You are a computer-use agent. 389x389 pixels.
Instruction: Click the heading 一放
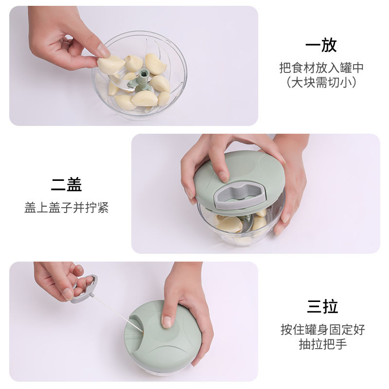(321, 45)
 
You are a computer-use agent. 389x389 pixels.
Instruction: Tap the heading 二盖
(67, 184)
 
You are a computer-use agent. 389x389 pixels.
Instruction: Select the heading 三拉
(322, 306)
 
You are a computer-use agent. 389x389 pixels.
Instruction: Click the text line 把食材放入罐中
(321, 68)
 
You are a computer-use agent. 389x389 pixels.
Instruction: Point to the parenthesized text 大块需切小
(321, 82)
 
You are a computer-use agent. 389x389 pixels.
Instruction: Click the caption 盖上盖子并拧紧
(67, 208)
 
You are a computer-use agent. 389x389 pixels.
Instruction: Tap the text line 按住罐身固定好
(323, 330)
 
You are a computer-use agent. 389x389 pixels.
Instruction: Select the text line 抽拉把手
(323, 344)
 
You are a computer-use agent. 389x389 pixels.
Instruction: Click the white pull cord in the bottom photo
(116, 313)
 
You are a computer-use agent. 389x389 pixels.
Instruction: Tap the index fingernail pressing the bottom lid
(167, 322)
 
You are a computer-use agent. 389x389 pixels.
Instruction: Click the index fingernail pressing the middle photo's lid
(224, 177)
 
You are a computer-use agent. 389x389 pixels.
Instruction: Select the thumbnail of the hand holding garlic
(103, 51)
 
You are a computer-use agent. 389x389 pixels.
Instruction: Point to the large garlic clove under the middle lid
(230, 225)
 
